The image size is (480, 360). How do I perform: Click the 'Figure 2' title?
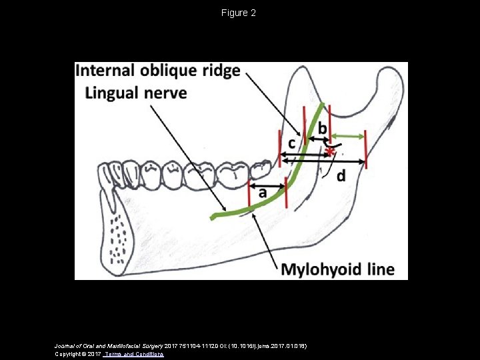(239, 13)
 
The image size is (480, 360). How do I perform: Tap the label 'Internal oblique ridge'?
(158, 71)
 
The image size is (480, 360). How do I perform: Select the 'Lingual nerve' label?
(135, 93)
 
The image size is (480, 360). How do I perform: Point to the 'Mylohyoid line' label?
(337, 269)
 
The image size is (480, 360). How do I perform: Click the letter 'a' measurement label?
(263, 192)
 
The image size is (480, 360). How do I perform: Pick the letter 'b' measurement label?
(322, 127)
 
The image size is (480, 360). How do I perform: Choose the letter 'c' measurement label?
(292, 143)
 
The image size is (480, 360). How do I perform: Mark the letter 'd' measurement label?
(341, 176)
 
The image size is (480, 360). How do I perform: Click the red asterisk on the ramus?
(329, 153)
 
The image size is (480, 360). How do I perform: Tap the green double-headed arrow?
(349, 136)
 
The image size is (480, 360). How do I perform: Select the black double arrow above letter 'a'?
(267, 185)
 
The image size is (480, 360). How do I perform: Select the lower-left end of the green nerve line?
(213, 217)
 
